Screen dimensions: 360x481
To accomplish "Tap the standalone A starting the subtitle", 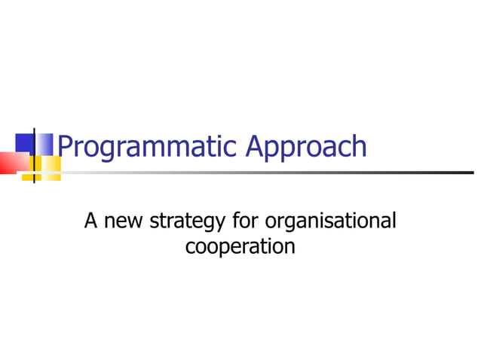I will click(91, 221).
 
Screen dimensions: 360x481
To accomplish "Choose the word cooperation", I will click(240, 246).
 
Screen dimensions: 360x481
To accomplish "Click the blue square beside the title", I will click(26, 143).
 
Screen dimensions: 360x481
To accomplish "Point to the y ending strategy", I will click(219, 224).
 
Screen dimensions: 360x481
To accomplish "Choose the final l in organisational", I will click(393, 221).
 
